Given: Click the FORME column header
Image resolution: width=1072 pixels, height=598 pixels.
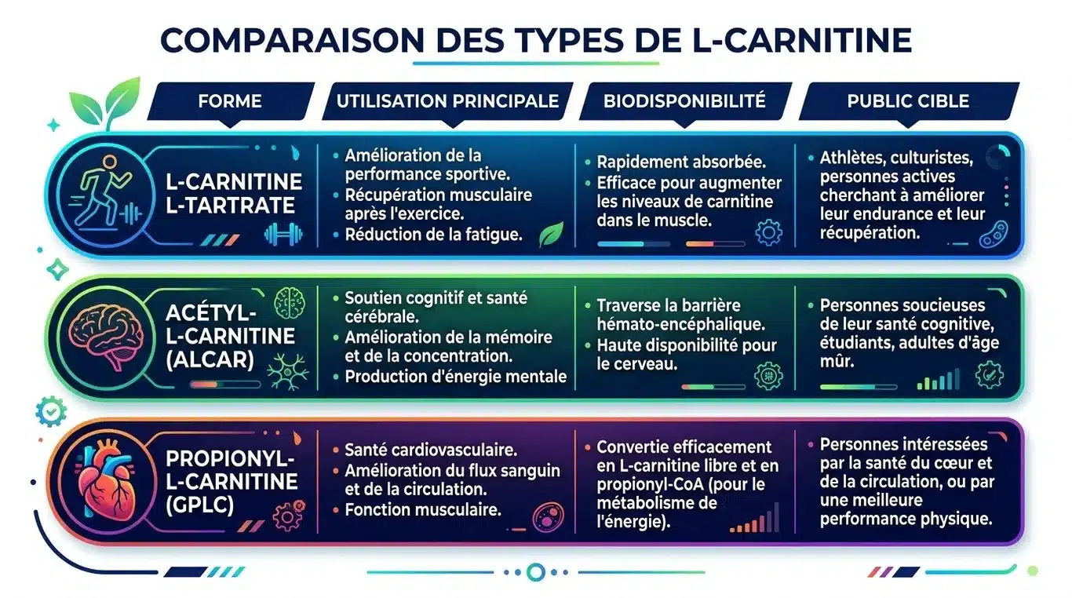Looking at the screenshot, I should pos(230,100).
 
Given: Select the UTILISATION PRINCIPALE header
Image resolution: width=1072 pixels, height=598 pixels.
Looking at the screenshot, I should pos(447,100).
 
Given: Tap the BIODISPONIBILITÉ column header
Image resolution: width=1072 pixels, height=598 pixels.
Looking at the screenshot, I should pos(684,100).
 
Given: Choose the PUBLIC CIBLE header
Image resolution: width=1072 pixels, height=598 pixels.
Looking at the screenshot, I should pos(908,100).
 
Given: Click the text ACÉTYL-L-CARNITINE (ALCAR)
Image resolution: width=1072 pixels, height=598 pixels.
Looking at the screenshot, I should pos(219,336).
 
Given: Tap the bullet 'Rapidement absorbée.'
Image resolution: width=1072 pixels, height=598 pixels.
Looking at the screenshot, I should pos(681,162).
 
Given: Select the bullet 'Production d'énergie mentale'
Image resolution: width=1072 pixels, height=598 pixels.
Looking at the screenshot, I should pos(455,377).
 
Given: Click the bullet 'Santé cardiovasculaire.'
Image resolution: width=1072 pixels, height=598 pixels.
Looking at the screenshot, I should pos(430,450).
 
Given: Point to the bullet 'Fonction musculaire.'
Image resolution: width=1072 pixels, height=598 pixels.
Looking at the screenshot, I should pos(423,510).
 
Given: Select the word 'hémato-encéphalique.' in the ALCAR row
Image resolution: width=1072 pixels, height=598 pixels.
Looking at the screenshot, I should pos(680,323).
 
